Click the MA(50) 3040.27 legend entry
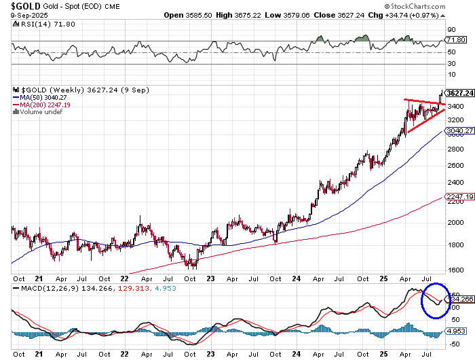(39, 97)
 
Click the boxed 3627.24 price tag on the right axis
(459, 94)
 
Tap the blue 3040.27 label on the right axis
(459, 130)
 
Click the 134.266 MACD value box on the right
(459, 298)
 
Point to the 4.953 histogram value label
(456, 331)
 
